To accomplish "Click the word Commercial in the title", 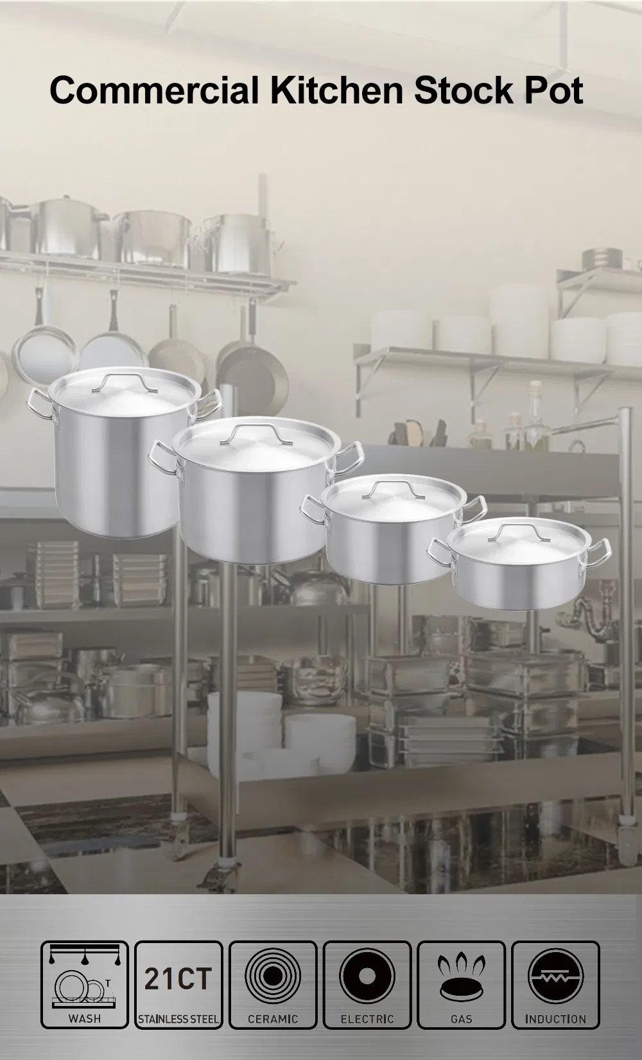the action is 154,90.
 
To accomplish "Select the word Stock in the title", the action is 464,90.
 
